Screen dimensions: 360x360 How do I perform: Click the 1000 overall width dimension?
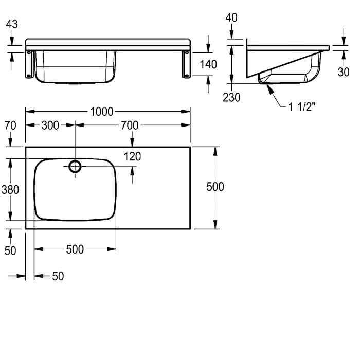tap(101, 112)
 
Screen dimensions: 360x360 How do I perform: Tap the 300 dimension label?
tap(50, 125)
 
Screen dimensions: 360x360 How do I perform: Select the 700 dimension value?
tap(130, 125)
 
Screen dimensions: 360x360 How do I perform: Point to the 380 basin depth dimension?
tap(10, 190)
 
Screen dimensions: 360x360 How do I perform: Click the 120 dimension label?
tap(132, 156)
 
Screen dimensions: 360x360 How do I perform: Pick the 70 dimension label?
tap(10, 125)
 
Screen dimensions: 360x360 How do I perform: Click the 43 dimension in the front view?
tap(12, 24)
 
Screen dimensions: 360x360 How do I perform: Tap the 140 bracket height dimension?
tap(208, 64)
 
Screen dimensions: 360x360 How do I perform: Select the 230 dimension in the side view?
tap(231, 97)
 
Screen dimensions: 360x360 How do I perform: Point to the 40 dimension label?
tap(231, 17)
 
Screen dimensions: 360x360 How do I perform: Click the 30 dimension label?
tap(344, 72)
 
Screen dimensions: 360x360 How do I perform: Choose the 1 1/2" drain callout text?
tap(302, 107)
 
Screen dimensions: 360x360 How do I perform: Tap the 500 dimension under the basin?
tap(75, 249)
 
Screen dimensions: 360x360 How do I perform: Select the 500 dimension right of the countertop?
tap(215, 187)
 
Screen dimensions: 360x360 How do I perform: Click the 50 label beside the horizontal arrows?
tap(58, 276)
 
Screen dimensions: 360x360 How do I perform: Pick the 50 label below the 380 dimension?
tap(10, 250)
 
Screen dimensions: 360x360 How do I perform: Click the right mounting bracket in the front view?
tap(186, 64)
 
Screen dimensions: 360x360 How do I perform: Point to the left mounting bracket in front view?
tap(29, 64)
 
